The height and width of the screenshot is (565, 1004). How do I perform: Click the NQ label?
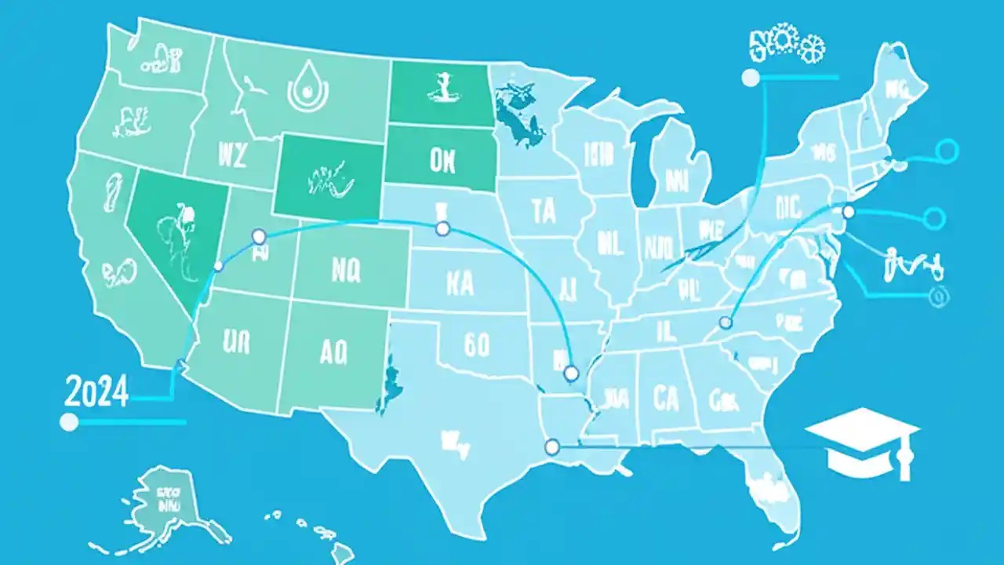tap(345, 271)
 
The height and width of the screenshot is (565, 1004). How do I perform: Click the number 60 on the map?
tap(476, 345)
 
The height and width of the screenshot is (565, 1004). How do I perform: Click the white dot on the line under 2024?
tap(69, 422)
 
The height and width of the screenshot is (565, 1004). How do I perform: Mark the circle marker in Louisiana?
tap(551, 447)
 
